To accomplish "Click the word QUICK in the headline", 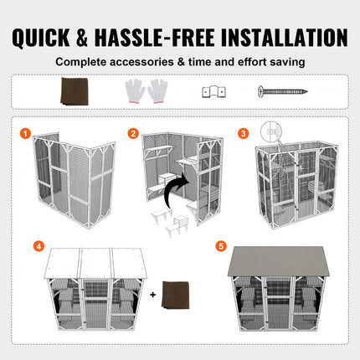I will [52, 37].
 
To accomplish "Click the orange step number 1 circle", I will [25, 132].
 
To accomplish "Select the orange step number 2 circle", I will [132, 132].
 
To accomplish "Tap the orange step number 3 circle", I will [244, 132].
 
